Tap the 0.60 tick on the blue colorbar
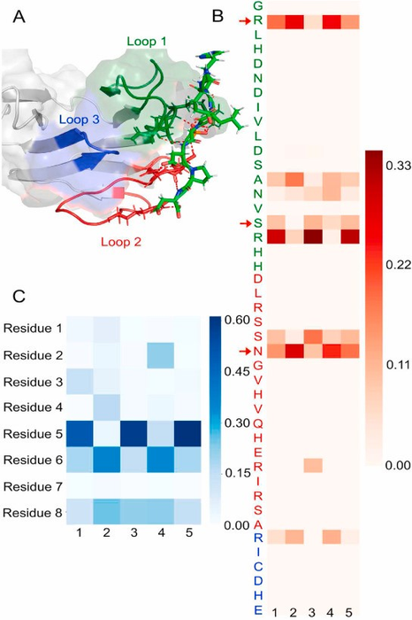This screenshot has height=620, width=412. point(236,321)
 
